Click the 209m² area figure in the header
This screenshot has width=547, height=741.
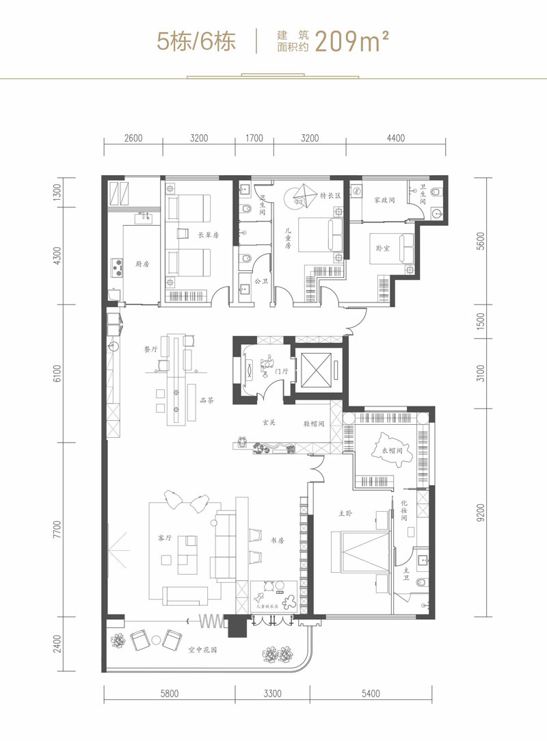pyautogui.click(x=353, y=41)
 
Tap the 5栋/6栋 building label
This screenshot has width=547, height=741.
pyautogui.click(x=196, y=41)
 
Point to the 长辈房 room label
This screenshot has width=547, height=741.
pyautogui.click(x=208, y=235)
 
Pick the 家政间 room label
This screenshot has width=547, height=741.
pyautogui.click(x=386, y=201)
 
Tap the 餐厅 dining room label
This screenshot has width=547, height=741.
pyautogui.click(x=152, y=348)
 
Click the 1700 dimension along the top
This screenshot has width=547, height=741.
pyautogui.click(x=254, y=138)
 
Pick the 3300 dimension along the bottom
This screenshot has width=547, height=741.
pyautogui.click(x=272, y=693)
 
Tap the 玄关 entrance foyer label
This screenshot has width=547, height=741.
pyautogui.click(x=268, y=423)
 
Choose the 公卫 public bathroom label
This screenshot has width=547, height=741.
pyautogui.click(x=260, y=281)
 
